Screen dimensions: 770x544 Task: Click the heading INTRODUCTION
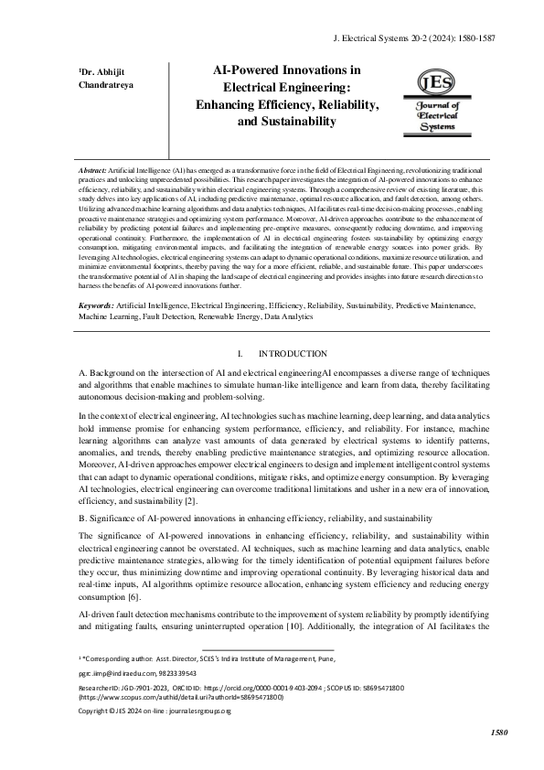293,353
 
